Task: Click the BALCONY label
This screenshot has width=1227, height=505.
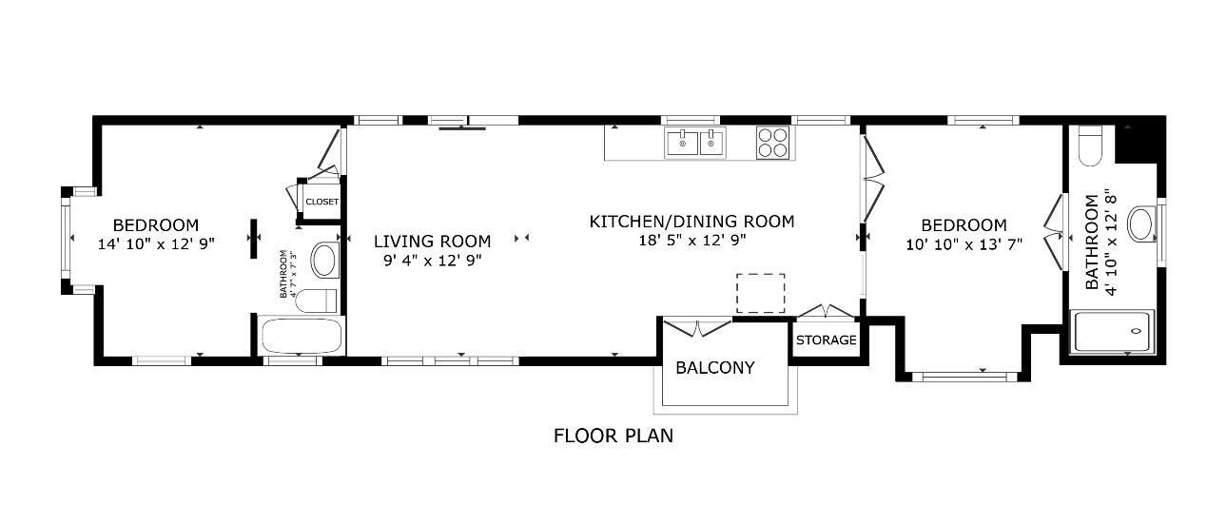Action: [x=715, y=367]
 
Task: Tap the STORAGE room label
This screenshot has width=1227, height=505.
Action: [x=826, y=340]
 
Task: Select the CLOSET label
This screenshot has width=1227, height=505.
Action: [x=322, y=202]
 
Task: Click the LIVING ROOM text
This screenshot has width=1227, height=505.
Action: [x=432, y=241]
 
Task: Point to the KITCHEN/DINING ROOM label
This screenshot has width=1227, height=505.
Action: [x=691, y=222]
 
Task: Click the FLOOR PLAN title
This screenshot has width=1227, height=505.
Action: [x=613, y=436]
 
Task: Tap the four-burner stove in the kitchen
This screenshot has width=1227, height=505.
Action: [x=773, y=143]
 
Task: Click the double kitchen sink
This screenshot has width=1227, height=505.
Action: [x=695, y=143]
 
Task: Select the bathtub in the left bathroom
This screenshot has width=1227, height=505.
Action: [x=302, y=336]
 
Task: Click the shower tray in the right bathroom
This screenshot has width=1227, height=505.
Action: [x=1114, y=331]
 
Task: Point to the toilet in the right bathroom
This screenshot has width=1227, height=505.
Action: [x=1090, y=146]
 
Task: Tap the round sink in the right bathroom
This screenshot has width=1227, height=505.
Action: [x=1142, y=223]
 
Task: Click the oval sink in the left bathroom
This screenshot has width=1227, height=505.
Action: [x=325, y=261]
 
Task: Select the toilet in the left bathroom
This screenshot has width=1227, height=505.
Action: [x=317, y=301]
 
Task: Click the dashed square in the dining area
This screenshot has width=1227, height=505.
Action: [x=760, y=293]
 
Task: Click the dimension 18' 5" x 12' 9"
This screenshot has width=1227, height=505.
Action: [x=692, y=241]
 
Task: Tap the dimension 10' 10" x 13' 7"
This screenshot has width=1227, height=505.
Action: [x=964, y=244]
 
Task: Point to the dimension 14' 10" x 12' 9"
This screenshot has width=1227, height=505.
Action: [x=156, y=243]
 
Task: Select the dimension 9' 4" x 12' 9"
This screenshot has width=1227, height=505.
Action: [x=432, y=261]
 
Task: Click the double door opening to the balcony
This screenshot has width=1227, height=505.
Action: [x=697, y=327]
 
